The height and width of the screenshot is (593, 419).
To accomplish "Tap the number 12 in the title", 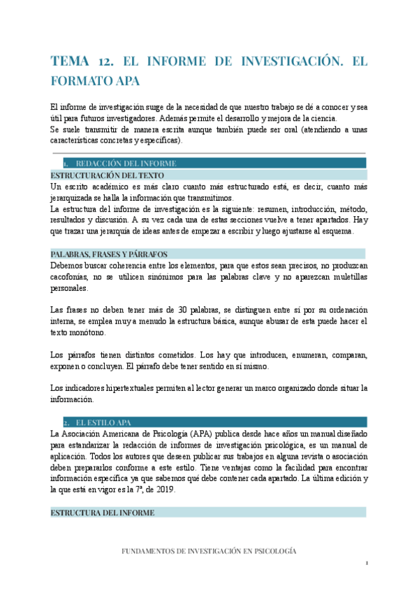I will (112, 62).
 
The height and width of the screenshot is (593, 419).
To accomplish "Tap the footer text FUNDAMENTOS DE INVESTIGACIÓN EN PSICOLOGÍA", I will (208, 551).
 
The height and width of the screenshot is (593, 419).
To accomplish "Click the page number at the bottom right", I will (366, 564).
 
